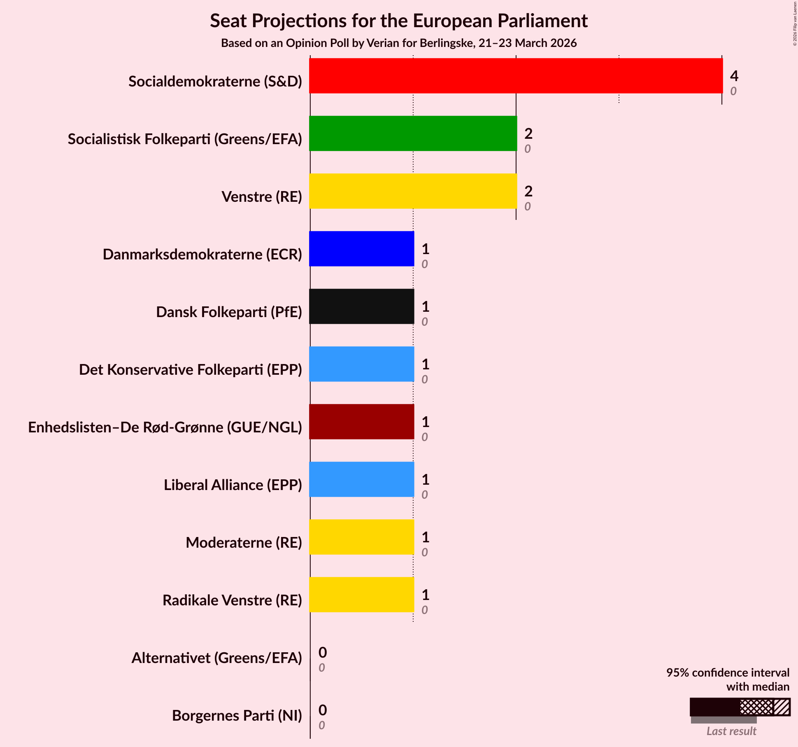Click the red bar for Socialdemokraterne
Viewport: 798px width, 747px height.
tap(516, 76)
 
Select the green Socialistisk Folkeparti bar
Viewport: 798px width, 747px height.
tap(413, 133)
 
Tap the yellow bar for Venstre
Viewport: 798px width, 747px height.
tap(413, 191)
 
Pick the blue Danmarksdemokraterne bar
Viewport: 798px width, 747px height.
tap(361, 249)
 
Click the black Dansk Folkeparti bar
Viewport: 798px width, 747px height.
tap(361, 306)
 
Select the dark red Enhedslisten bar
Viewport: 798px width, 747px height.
tap(361, 422)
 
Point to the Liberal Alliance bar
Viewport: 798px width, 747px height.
tap(361, 479)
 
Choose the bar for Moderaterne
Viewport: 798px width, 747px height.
tap(361, 537)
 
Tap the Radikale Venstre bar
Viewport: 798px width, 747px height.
tap(361, 595)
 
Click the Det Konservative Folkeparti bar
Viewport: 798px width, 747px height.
tap(361, 364)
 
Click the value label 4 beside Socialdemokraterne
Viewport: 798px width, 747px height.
tap(734, 76)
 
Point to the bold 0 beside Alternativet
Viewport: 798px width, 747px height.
tap(323, 652)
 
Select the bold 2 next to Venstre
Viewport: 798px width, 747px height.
tap(528, 191)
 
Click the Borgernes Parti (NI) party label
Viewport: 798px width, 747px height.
tap(237, 716)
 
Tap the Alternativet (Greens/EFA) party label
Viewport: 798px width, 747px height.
tap(217, 658)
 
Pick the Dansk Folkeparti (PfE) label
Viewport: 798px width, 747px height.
tap(229, 312)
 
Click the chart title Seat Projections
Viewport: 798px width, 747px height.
tap(399, 21)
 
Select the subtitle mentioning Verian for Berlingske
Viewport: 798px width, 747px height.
tap(399, 43)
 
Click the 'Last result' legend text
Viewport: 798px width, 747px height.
tap(731, 731)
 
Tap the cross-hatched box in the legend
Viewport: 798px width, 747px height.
tap(756, 707)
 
